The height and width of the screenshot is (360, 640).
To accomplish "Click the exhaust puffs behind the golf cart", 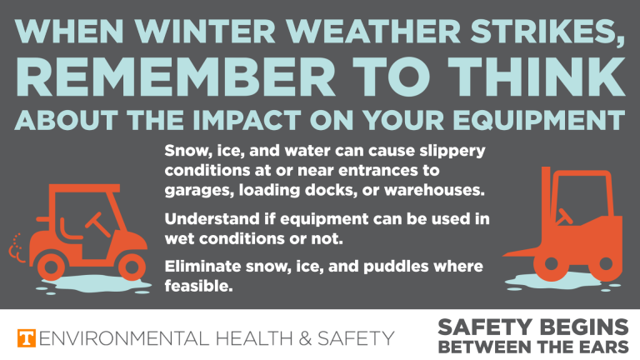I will pos(15,247).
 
